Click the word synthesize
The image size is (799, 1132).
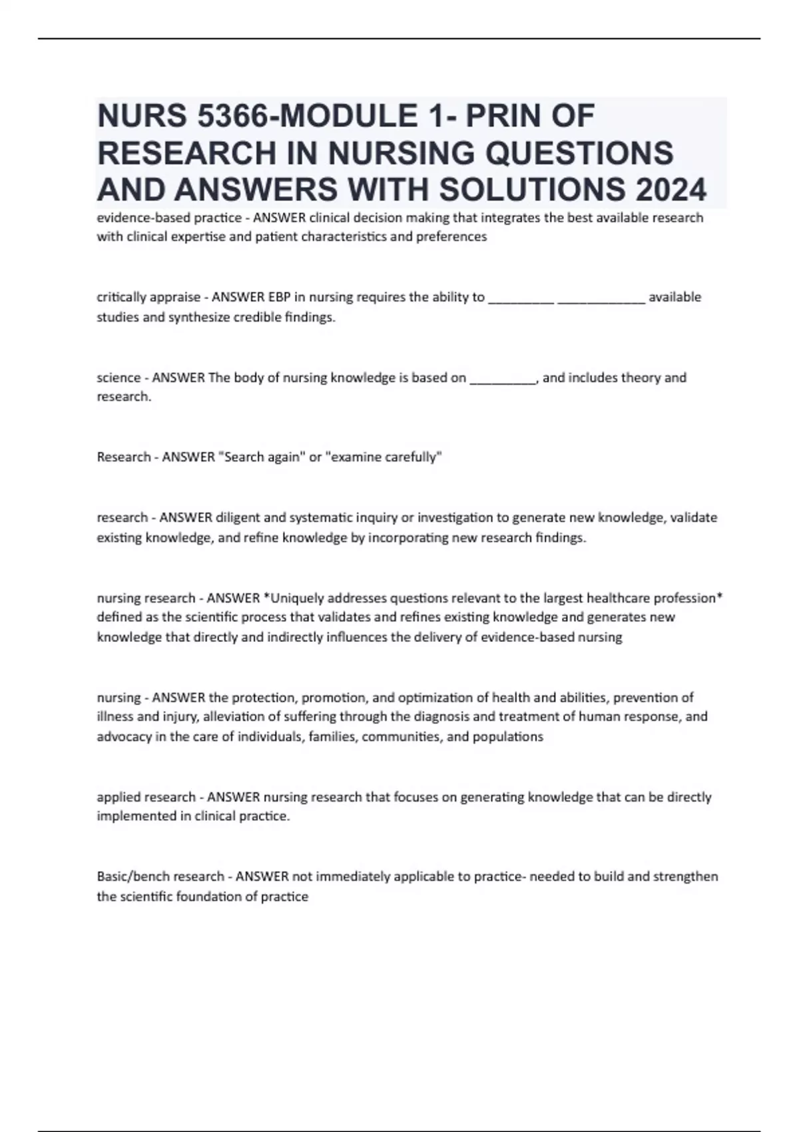click(198, 318)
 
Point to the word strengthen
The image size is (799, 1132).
click(686, 876)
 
